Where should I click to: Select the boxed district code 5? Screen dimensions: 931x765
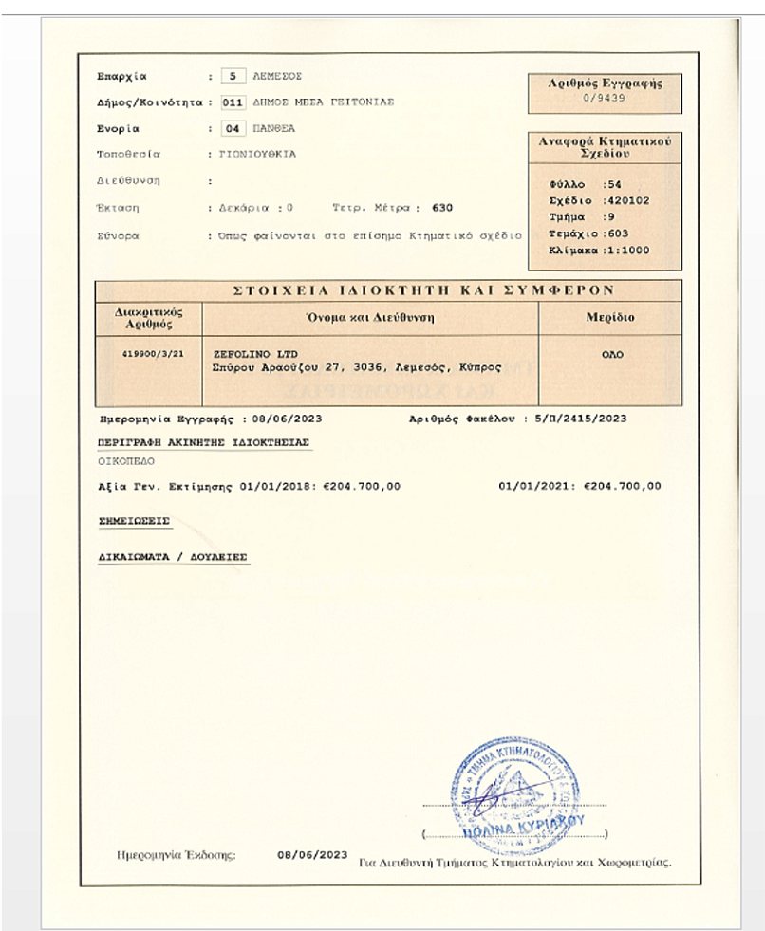tap(233, 75)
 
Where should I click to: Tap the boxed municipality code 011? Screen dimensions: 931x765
tap(233, 102)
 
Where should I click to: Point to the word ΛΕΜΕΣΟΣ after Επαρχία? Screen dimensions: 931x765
tap(277, 75)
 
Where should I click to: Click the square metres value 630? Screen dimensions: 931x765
tap(442, 206)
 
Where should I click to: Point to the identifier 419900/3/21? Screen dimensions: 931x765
tap(148, 353)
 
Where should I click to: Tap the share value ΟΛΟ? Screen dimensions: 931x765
tap(610, 353)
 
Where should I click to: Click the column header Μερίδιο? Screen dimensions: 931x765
tap(609, 317)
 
